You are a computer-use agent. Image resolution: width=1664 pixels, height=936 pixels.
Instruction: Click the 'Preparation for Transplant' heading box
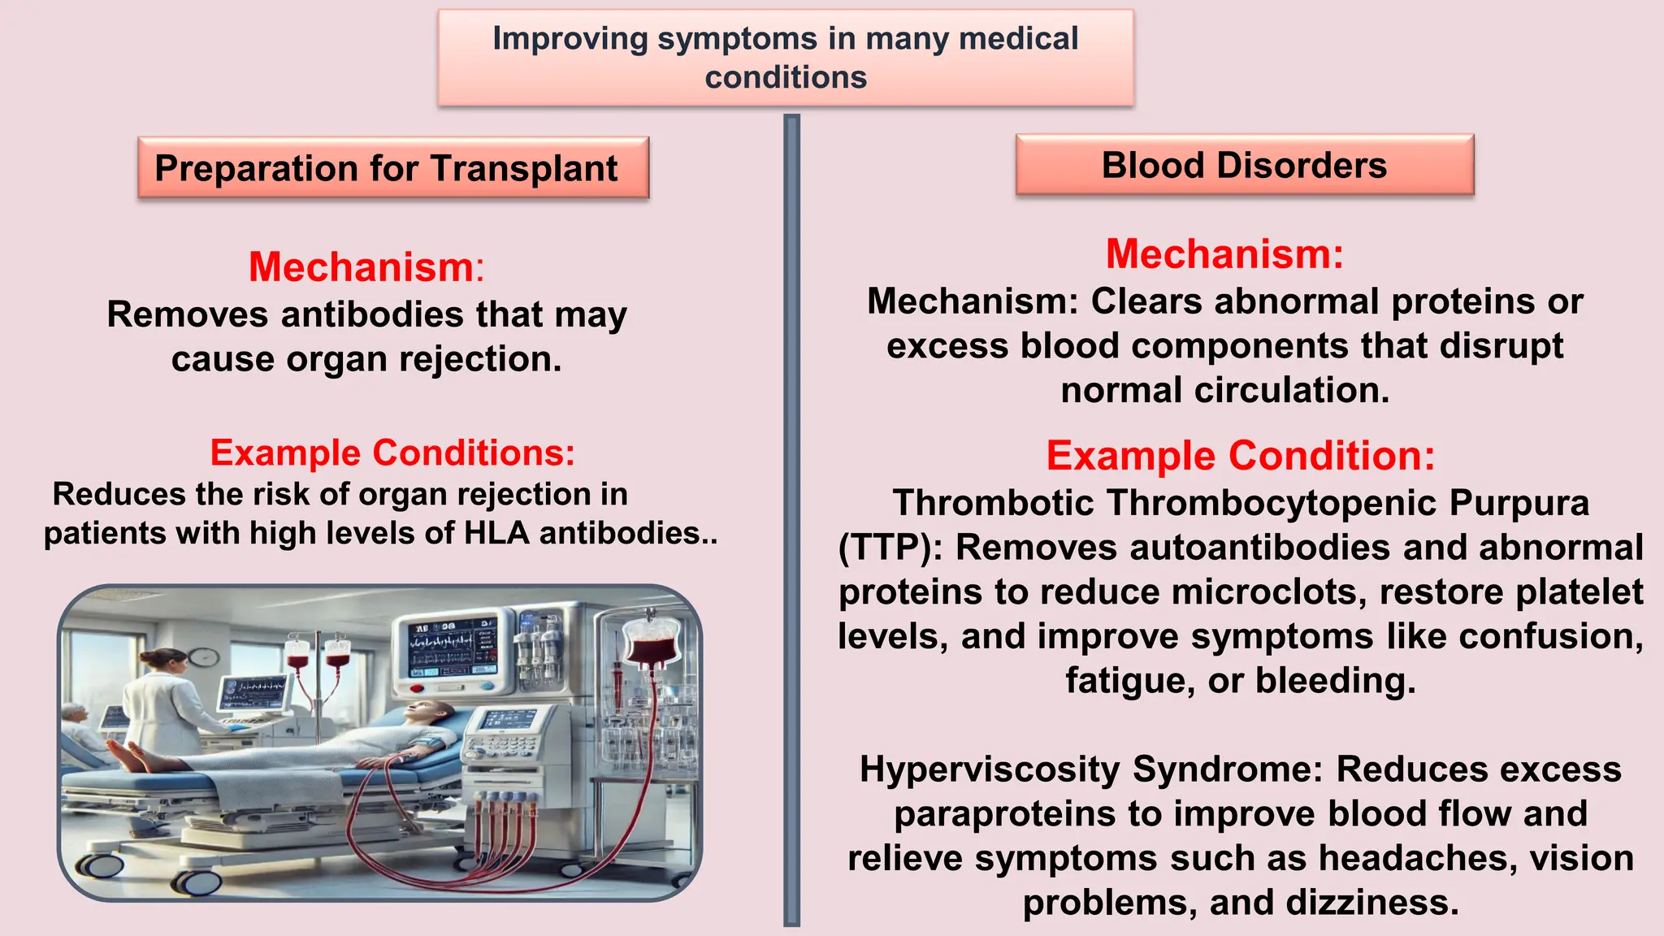393,168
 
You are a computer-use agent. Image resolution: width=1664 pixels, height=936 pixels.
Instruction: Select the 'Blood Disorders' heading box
1244,165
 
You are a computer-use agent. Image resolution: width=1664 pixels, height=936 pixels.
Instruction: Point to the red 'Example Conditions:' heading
392,453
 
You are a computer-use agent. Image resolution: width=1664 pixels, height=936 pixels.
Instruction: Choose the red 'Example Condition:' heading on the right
1240,455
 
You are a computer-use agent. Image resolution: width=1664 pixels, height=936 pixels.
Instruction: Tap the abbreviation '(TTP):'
890,547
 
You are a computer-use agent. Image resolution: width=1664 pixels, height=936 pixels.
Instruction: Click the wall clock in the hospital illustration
204,656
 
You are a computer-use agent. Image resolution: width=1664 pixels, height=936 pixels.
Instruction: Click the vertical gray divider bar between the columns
791,520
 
